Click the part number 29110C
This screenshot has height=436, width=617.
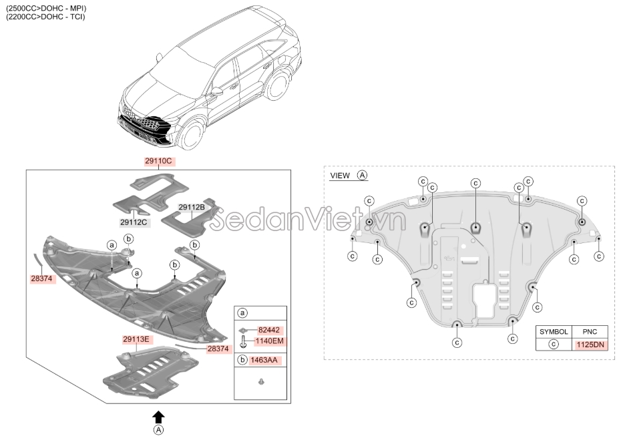(x=158, y=161)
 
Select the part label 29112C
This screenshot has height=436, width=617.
(x=134, y=222)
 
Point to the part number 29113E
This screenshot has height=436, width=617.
(x=136, y=339)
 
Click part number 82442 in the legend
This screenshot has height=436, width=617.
(x=269, y=330)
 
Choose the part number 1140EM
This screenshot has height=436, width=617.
(x=270, y=341)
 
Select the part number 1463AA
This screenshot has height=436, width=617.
(x=266, y=360)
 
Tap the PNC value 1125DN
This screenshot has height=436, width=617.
(x=590, y=345)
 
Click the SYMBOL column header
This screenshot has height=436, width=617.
(x=554, y=332)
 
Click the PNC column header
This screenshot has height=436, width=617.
(x=590, y=332)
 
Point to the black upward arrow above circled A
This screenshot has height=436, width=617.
(x=158, y=417)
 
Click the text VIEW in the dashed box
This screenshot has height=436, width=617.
(x=340, y=176)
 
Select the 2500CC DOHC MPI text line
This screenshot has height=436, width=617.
(x=46, y=8)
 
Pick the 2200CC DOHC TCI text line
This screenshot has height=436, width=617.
(x=45, y=17)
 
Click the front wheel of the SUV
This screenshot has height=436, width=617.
(x=192, y=134)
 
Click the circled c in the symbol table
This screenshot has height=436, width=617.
(x=554, y=345)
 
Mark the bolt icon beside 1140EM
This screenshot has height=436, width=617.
(x=243, y=341)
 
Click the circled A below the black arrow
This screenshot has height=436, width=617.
(x=158, y=430)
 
